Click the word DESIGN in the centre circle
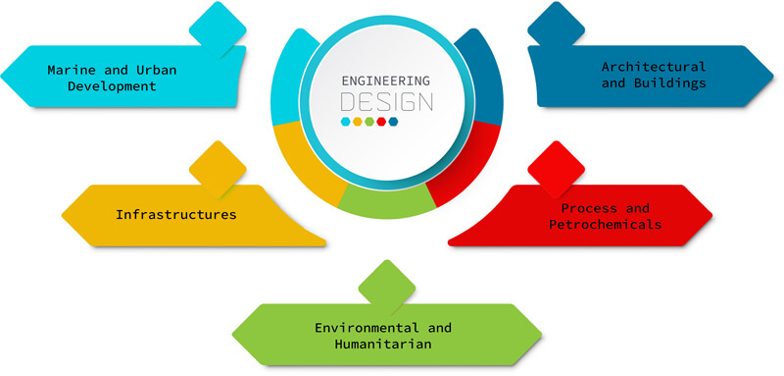point(387,101)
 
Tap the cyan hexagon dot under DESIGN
point(345,122)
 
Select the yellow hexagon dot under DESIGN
point(357,122)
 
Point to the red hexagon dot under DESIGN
point(381,122)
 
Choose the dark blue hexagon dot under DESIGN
point(393,122)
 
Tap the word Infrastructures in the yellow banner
point(176,213)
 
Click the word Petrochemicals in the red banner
point(605,224)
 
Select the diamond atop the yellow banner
point(218,168)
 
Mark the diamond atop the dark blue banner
point(554,26)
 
